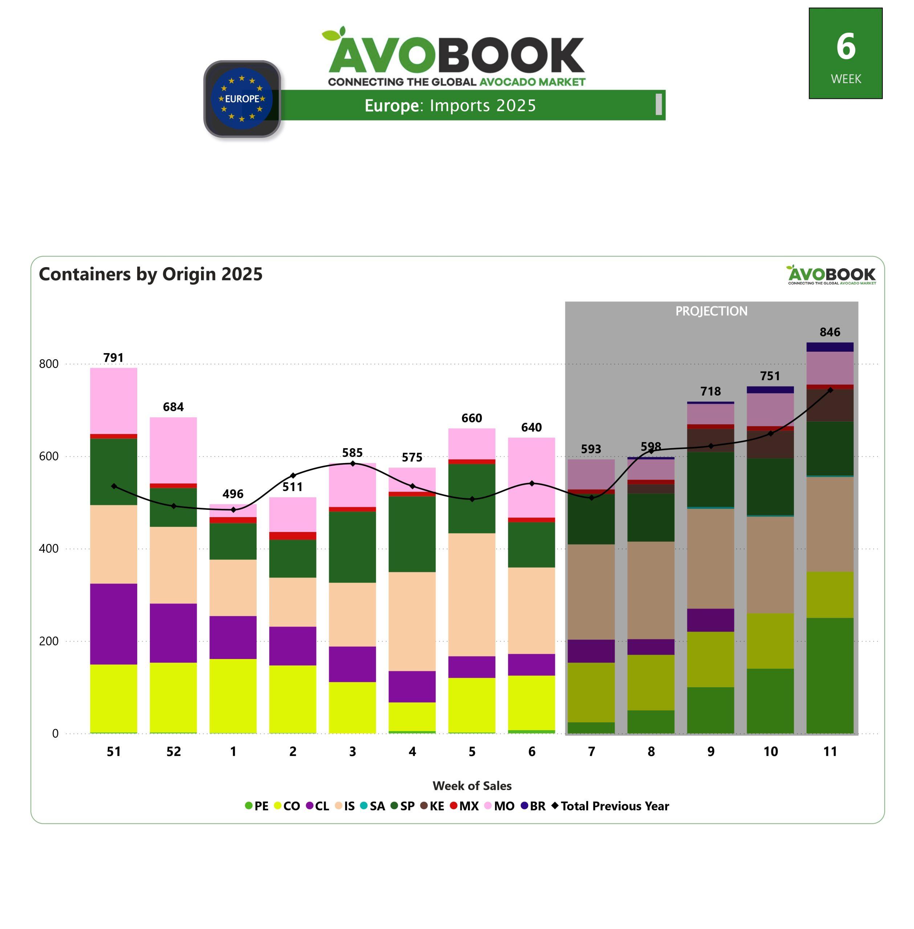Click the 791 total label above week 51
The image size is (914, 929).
click(x=113, y=357)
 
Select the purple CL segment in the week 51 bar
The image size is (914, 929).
click(x=113, y=623)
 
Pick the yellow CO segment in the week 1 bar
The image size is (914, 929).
click(x=233, y=696)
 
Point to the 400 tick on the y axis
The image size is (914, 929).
click(x=49, y=548)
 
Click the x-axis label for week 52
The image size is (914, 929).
click(x=173, y=752)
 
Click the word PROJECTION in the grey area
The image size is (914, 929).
click(x=711, y=311)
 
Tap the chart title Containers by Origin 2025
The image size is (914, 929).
click(x=151, y=274)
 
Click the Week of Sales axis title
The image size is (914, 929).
click(x=472, y=786)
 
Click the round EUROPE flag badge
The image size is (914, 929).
click(x=242, y=99)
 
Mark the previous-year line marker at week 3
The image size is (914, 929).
click(x=352, y=463)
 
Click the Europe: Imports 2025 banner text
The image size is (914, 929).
click(x=450, y=105)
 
